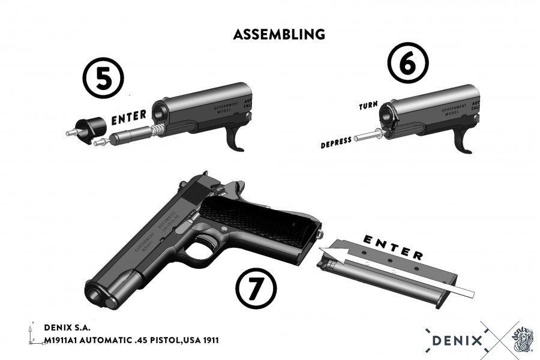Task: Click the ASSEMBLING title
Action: click(280, 34)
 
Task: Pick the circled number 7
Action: click(256, 286)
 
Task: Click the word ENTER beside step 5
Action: click(130, 117)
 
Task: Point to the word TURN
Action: click(368, 106)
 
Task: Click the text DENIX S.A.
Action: click(67, 328)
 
